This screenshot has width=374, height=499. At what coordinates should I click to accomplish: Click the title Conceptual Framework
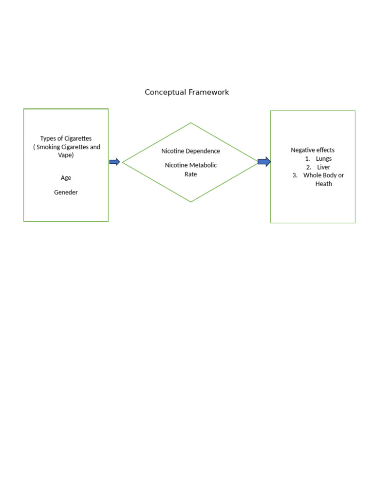(x=187, y=92)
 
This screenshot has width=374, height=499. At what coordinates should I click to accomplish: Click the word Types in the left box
(x=49, y=138)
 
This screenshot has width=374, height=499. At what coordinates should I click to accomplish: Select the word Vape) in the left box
(x=66, y=155)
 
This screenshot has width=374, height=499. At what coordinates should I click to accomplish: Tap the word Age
(x=66, y=178)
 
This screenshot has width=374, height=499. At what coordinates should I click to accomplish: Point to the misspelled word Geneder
(x=66, y=192)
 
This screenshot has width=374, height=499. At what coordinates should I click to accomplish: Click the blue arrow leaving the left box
(x=114, y=162)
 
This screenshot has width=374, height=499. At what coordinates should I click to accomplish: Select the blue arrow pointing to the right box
(x=264, y=162)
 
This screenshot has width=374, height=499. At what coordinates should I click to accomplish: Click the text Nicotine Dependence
(x=190, y=151)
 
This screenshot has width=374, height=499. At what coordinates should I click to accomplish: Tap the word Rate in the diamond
(x=190, y=174)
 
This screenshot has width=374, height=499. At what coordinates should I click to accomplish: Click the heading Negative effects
(x=313, y=150)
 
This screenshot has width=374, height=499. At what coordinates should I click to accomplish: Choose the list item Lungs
(x=323, y=159)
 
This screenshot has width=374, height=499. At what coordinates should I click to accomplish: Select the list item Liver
(x=323, y=167)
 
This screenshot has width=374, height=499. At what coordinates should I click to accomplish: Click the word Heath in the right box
(x=323, y=184)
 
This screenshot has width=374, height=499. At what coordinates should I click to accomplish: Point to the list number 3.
(x=295, y=175)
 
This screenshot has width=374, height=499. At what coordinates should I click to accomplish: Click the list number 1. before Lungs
(x=308, y=159)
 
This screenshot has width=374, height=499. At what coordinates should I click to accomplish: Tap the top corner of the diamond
(x=191, y=123)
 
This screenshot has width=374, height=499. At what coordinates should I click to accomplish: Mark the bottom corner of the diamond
(x=191, y=202)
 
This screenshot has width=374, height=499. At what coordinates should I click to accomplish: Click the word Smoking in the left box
(x=50, y=147)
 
